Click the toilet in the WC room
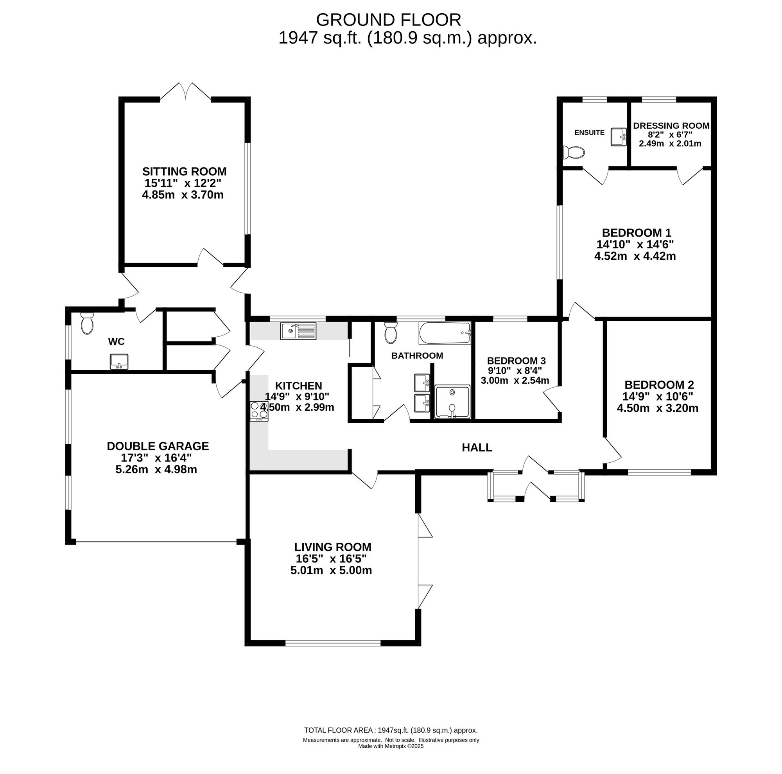click(87, 323)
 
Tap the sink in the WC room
click(119, 361)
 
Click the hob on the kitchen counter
click(259, 411)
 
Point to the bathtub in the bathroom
click(445, 333)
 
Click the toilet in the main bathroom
click(391, 332)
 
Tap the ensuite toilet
click(574, 153)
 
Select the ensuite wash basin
click(619, 137)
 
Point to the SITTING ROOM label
click(184, 172)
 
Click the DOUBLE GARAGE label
click(158, 446)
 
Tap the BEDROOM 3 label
click(517, 361)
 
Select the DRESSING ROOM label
click(671, 126)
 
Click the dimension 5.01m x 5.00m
click(331, 570)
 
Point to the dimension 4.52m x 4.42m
click(635, 256)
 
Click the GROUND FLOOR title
click(388, 20)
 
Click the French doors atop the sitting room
click(186, 91)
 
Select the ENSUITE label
click(589, 132)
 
